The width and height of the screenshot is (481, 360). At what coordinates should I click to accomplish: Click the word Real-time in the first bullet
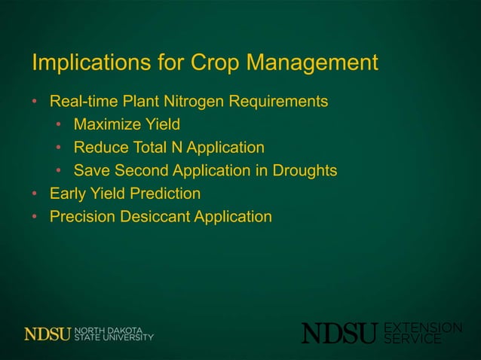point(82,101)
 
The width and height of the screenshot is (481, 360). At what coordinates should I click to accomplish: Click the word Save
point(91,171)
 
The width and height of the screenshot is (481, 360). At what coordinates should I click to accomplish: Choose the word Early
point(69,194)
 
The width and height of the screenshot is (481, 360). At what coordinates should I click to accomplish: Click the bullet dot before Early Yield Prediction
point(35,194)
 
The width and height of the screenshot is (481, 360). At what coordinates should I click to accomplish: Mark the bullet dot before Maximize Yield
point(59,124)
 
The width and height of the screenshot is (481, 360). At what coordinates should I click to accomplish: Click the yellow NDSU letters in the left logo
point(47,334)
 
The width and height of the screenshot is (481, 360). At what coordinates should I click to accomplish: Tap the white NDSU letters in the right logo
point(340,333)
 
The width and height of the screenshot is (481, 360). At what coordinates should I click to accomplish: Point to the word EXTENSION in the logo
point(423,327)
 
